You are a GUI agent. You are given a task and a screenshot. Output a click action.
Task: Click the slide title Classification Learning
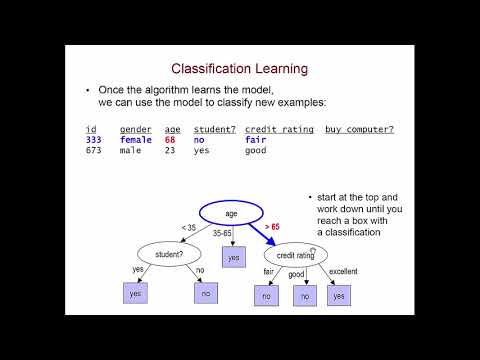239,69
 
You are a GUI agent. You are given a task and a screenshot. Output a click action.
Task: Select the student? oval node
169,254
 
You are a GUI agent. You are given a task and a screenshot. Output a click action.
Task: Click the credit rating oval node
295,255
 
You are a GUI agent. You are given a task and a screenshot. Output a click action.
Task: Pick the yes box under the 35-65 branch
233,257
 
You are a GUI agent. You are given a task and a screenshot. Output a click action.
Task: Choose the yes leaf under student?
136,293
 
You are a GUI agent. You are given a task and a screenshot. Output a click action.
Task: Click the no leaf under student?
206,293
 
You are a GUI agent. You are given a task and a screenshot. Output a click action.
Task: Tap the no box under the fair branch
267,296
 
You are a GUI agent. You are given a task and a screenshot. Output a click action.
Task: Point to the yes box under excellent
340,296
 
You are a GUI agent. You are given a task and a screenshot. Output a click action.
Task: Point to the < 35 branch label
188,228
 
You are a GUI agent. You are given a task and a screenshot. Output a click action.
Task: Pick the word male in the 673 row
131,152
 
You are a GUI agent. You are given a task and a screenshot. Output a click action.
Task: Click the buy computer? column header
359,129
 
